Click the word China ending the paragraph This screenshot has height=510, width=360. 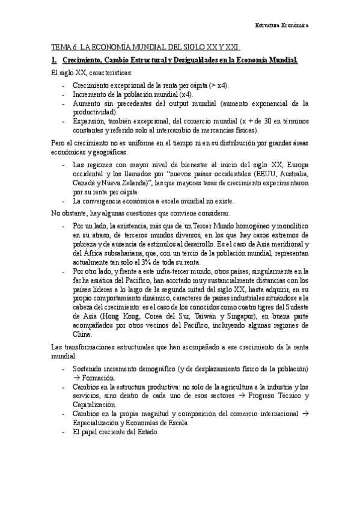click(82, 334)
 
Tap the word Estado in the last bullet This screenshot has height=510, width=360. click(146, 431)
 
